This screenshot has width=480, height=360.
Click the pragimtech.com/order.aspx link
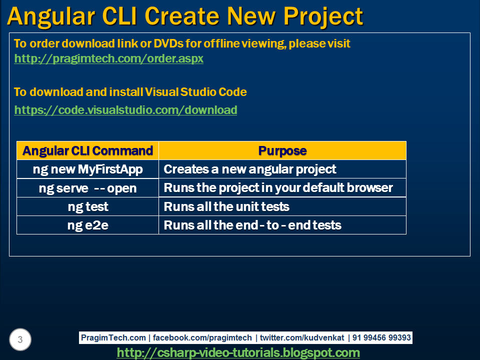click(x=108, y=58)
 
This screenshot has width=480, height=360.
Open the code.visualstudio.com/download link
click(x=125, y=110)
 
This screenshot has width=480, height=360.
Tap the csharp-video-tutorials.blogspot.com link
click(x=238, y=352)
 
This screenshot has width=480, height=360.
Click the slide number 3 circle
click(x=20, y=339)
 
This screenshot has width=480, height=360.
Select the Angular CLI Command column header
click(x=88, y=150)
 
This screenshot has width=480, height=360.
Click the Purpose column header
click(x=282, y=150)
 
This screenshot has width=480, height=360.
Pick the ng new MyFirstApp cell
click(x=88, y=169)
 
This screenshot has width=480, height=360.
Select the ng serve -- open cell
click(x=88, y=188)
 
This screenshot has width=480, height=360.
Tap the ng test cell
click(x=88, y=206)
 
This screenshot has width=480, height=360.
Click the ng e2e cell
click(x=88, y=225)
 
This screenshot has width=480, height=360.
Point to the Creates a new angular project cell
click(x=282, y=169)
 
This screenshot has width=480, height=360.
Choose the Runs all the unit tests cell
click(x=282, y=206)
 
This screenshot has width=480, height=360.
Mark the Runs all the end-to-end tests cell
click(x=282, y=225)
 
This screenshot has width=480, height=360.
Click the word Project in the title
click(x=323, y=17)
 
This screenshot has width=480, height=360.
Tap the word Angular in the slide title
click(x=51, y=17)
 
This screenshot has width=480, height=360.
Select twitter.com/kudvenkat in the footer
click(x=302, y=337)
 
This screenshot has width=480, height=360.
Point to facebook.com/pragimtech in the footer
click(x=202, y=337)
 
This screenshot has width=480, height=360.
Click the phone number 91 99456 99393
click(x=381, y=337)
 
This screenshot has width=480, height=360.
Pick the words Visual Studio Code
click(x=195, y=92)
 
